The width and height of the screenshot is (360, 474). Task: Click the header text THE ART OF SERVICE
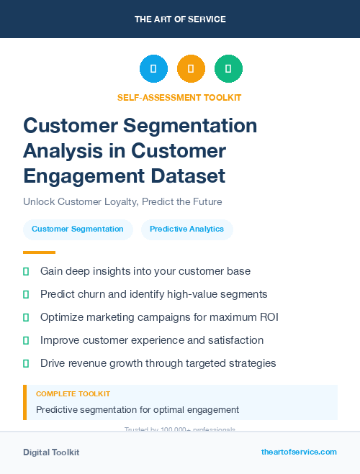click(x=180, y=19)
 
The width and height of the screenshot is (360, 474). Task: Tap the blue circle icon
click(x=153, y=69)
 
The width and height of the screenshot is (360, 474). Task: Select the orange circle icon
click(x=191, y=69)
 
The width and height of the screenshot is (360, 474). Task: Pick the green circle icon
click(x=228, y=69)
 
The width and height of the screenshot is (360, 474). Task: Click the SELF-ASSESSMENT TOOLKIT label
click(x=179, y=97)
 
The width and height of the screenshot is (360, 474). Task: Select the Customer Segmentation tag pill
click(x=78, y=229)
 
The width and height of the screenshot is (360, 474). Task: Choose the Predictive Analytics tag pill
click(x=186, y=229)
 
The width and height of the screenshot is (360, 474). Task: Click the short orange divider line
click(x=39, y=252)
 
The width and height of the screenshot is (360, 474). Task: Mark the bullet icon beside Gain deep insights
click(x=26, y=271)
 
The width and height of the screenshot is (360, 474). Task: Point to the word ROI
click(x=268, y=317)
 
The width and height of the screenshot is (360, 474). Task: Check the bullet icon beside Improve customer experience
click(x=26, y=340)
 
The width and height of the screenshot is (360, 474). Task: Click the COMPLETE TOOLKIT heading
click(x=73, y=394)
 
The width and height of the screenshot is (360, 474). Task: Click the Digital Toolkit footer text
click(x=51, y=452)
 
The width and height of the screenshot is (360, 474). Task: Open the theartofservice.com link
click(x=299, y=452)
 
